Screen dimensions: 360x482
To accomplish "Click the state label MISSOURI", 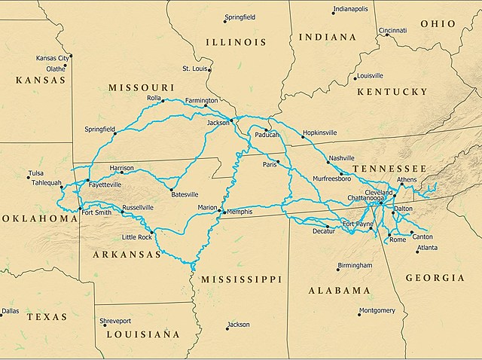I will (x=136, y=88).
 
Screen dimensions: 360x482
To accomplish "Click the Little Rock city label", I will (x=136, y=237).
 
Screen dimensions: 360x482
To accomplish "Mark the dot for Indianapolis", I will (x=333, y=13).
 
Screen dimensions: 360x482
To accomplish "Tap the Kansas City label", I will (x=53, y=57).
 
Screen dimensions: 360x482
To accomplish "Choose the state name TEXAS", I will (x=47, y=317).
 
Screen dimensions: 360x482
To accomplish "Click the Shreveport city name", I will (x=121, y=321).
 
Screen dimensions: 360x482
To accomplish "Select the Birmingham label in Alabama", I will (x=355, y=266).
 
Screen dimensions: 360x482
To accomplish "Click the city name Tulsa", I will (x=36, y=172).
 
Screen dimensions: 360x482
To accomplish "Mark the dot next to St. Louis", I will (x=209, y=72).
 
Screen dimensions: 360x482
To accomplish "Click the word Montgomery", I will (x=377, y=310).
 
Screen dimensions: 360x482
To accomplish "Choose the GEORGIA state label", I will (x=435, y=278).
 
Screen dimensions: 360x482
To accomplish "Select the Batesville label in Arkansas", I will (x=185, y=194).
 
